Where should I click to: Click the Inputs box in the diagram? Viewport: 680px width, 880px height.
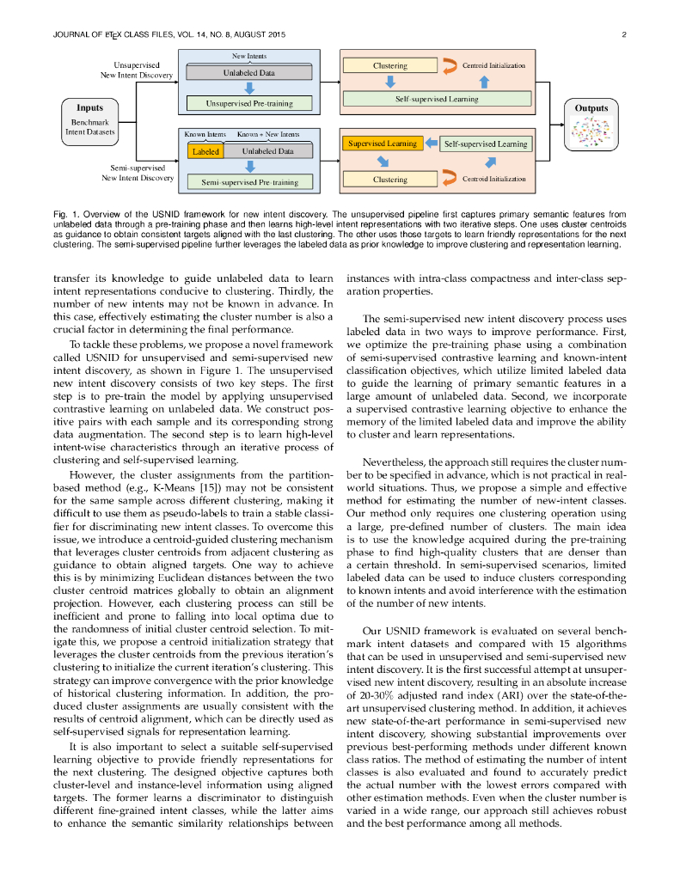coord(89,123)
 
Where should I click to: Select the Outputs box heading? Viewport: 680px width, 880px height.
coord(591,108)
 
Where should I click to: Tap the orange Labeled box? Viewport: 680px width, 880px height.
coord(205,151)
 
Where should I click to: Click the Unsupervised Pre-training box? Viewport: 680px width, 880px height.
coord(249,104)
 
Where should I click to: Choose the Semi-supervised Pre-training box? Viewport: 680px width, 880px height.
coord(249,182)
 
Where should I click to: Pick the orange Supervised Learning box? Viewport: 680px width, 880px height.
coord(383,144)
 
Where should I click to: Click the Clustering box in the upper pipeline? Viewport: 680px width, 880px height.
coord(389,65)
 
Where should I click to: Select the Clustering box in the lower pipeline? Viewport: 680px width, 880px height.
coord(389,180)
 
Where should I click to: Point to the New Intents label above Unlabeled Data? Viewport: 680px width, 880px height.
coord(249,57)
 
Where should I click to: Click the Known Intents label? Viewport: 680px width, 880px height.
coord(205,135)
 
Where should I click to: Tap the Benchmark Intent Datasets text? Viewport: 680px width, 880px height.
coord(89,127)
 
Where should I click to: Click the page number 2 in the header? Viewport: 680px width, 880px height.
coord(623,34)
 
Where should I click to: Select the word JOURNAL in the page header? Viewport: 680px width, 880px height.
coord(74,34)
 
